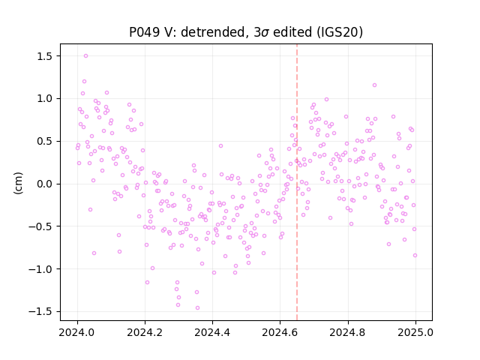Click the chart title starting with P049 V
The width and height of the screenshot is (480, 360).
(x=246, y=32)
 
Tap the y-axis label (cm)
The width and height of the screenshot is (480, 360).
(x=18, y=183)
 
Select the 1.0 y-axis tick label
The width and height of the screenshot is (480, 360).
(x=46, y=99)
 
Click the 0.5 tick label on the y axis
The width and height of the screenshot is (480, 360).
(x=46, y=142)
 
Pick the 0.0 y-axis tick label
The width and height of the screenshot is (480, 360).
(x=46, y=184)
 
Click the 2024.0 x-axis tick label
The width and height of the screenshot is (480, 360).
(x=77, y=332)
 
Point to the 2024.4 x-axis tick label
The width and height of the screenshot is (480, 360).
(x=212, y=332)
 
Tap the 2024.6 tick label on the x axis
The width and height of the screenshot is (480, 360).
(x=280, y=332)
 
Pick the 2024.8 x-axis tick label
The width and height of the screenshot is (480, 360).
(x=348, y=332)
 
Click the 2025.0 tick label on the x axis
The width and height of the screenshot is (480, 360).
(x=415, y=332)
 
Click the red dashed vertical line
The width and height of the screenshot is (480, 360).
(x=297, y=182)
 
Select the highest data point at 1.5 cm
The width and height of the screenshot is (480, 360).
(x=85, y=56)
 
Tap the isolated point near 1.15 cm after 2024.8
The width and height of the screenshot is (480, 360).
(x=374, y=85)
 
